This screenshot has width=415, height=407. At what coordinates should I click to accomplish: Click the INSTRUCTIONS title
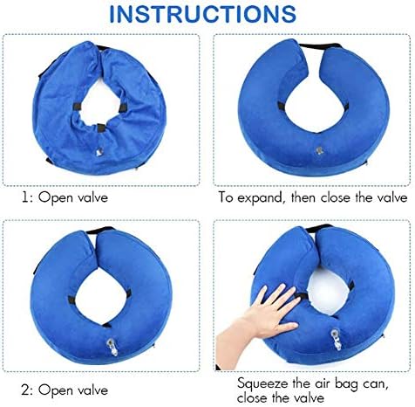tap(202, 14)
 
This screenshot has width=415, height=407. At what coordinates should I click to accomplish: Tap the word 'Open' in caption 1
tap(56, 198)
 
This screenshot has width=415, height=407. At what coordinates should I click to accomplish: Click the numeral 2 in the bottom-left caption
tap(25, 390)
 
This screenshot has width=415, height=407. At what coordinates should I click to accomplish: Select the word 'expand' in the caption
tap(260, 198)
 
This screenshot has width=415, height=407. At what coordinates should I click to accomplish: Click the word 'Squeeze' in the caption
tap(263, 383)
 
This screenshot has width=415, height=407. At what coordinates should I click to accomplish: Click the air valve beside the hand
tap(337, 339)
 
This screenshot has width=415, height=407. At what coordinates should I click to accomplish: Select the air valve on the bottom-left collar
tap(112, 347)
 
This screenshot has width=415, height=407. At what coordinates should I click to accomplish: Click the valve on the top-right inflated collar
tap(320, 150)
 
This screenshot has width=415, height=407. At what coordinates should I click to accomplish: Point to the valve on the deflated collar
tap(99, 152)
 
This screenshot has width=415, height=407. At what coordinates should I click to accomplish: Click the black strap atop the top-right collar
tap(320, 46)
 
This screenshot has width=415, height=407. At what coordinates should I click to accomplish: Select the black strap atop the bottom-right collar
tap(320, 228)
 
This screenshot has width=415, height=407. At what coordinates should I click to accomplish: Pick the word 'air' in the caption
tap(323, 383)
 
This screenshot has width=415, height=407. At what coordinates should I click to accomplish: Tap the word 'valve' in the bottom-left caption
tap(93, 390)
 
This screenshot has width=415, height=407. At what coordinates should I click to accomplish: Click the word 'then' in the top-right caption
tap(303, 198)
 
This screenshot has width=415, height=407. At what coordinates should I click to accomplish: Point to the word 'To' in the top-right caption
tap(226, 197)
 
